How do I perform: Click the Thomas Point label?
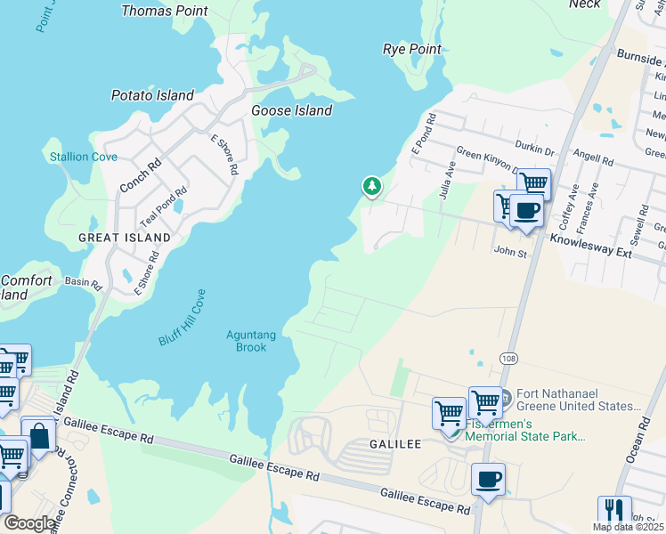(164, 12)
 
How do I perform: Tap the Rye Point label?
(411, 49)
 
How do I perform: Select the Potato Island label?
(152, 95)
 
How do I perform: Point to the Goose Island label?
(291, 111)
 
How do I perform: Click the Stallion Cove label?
(83, 157)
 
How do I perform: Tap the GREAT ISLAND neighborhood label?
(124, 238)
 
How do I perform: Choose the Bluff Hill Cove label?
(183, 319)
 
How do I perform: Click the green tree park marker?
(371, 186)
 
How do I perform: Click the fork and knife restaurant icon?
(613, 510)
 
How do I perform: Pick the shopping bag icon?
(38, 435)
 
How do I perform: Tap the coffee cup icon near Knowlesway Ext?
(526, 211)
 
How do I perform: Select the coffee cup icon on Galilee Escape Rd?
(488, 480)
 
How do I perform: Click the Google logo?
(29, 523)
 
